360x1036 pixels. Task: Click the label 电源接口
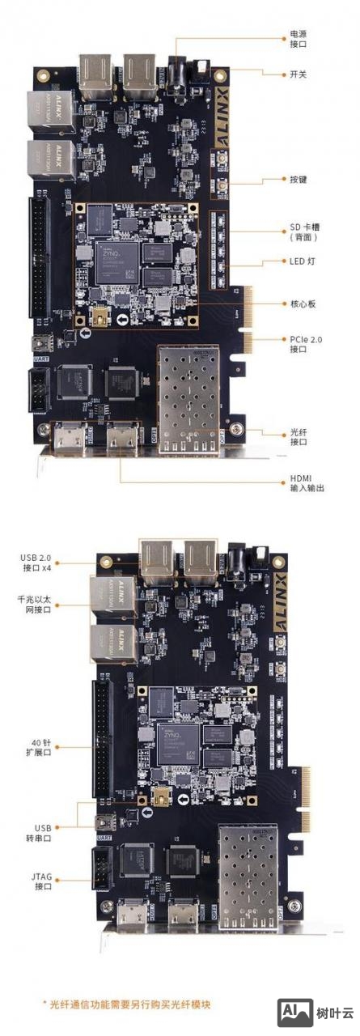pyautogui.click(x=298, y=40)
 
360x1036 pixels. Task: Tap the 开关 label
pyautogui.click(x=298, y=74)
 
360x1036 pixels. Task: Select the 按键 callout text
pyautogui.click(x=298, y=179)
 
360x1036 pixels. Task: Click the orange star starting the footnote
pyautogui.click(x=45, y=1004)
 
